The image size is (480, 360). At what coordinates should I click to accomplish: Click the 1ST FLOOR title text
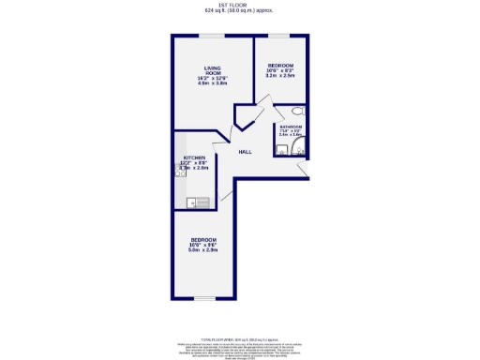(x=239, y=5)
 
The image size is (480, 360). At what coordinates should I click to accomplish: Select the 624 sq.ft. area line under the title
(x=239, y=11)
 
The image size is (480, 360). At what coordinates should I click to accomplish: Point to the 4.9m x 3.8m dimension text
(x=212, y=83)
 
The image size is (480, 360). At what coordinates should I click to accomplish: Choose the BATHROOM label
(x=289, y=127)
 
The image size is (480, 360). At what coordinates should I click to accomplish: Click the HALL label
(x=244, y=151)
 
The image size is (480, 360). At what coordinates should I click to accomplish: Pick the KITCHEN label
(x=193, y=158)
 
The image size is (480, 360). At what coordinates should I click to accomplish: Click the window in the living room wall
(x=210, y=36)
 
